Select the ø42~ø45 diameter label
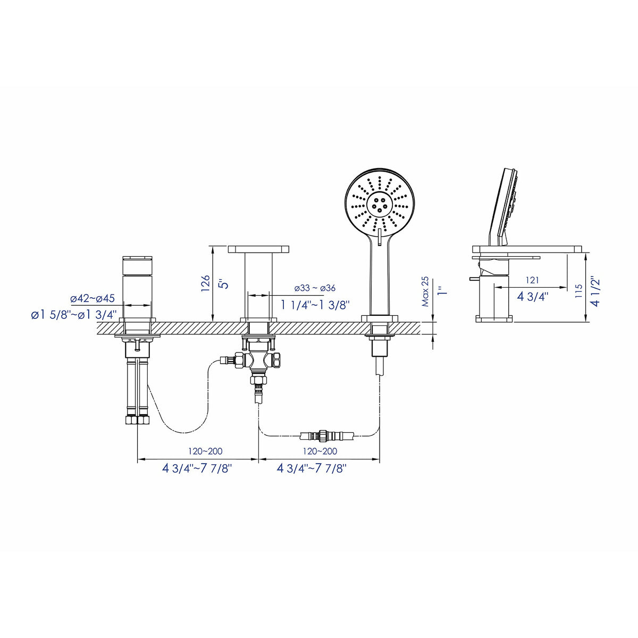[93, 298]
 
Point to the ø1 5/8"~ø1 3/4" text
[74, 314]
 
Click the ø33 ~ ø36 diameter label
[315, 288]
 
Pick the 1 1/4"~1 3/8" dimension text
[315, 305]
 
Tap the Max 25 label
[425, 292]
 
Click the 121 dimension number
[533, 280]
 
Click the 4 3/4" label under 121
[532, 296]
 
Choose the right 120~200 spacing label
[320, 451]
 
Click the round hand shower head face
[379, 203]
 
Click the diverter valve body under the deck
[258, 359]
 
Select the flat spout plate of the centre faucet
[258, 249]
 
